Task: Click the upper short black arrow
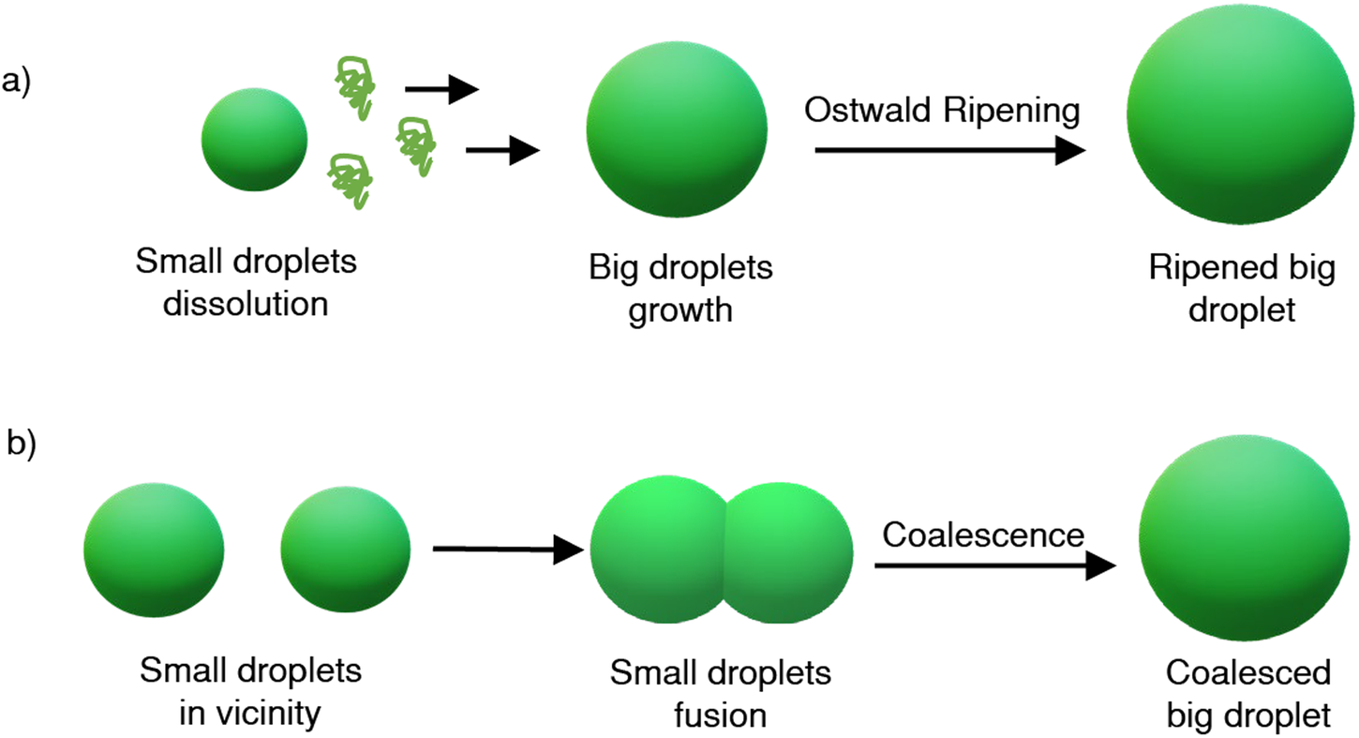441,90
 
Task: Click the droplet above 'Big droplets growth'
678,128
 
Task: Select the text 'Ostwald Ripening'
943,111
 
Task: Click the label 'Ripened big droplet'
1241,290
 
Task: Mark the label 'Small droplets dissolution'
246,282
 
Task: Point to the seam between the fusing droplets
724,553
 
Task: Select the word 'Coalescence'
983,535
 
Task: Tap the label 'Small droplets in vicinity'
250,692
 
